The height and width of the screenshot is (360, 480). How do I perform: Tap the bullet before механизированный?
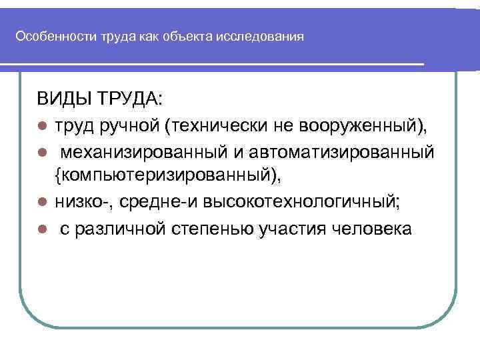[x=41, y=152]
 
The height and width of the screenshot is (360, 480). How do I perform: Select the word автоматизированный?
[x=343, y=152]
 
